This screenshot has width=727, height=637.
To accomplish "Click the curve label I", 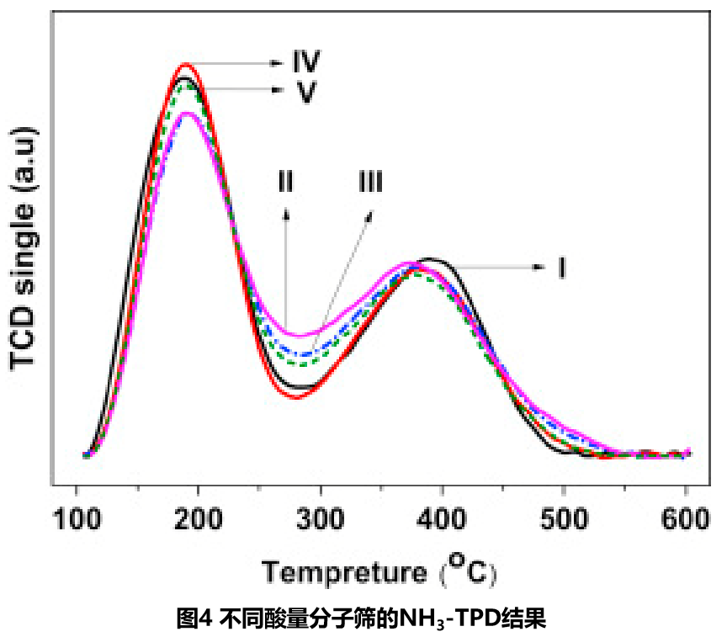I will click(x=560, y=268).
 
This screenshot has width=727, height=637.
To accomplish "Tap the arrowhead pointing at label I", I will click(x=539, y=267).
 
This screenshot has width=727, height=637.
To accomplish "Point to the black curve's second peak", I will click(x=429, y=258).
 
